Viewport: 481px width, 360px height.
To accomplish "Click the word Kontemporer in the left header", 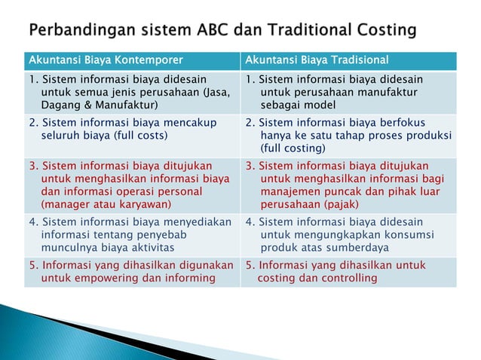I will [x=152, y=59].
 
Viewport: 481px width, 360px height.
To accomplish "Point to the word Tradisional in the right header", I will [x=354, y=59].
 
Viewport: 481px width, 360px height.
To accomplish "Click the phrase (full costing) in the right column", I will [x=293, y=148].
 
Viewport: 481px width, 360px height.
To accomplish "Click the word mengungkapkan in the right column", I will [x=330, y=234].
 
